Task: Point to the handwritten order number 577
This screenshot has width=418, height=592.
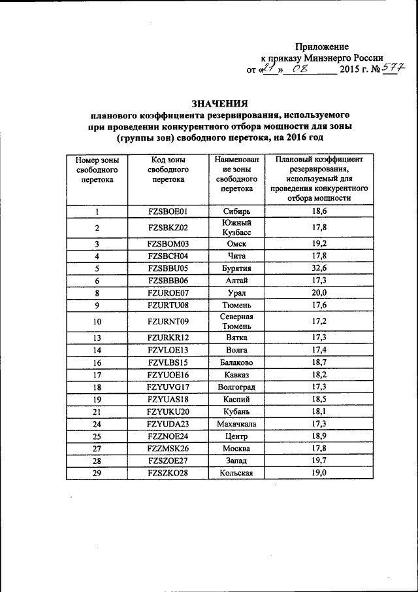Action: (393, 68)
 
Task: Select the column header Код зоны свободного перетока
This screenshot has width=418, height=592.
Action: (168, 169)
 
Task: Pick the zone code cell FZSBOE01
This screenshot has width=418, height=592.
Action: (168, 211)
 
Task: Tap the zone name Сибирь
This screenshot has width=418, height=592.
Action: (234, 211)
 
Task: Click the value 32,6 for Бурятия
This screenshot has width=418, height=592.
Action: (319, 268)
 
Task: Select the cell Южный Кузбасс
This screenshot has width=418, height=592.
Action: (234, 228)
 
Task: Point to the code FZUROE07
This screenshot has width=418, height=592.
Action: (168, 292)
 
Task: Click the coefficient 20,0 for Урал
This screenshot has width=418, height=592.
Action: (319, 292)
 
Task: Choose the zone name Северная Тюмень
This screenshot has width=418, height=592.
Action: (234, 321)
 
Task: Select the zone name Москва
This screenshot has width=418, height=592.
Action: (234, 448)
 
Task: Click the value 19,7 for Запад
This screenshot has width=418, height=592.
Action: (319, 461)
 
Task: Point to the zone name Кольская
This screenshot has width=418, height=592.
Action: (234, 473)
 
